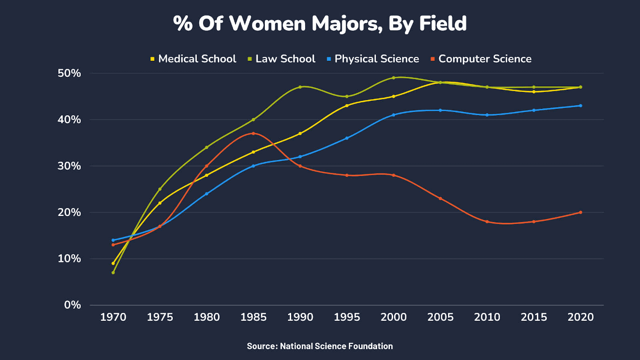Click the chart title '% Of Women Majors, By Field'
tap(320, 24)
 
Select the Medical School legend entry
tap(193, 59)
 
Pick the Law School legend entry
tap(282, 59)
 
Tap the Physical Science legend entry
tap(373, 59)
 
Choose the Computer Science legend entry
tap(481, 59)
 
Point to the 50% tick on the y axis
tap(69, 73)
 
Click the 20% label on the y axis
tap(69, 212)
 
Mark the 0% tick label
tap(72, 305)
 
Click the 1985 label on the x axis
tap(253, 317)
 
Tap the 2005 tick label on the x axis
tap(440, 317)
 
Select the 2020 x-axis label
tap(580, 317)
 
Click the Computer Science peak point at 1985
tap(253, 134)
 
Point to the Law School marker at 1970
tap(113, 272)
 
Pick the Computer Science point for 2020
tap(580, 212)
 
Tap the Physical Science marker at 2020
tap(580, 106)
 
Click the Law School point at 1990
tap(300, 87)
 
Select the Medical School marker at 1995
tap(347, 106)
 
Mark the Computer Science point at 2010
tap(487, 222)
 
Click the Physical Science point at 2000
tap(394, 115)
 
